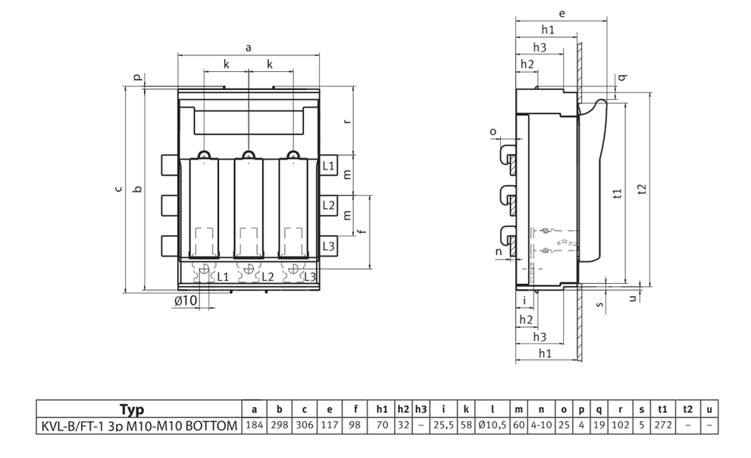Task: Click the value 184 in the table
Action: [x=255, y=425]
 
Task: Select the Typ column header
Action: [x=132, y=410]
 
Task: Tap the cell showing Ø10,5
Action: [x=493, y=425]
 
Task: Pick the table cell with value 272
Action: [x=663, y=425]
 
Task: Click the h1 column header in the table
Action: [x=382, y=410]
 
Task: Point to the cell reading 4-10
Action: [x=541, y=425]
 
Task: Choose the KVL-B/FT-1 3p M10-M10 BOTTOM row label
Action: [x=139, y=425]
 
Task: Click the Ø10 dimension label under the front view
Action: [x=186, y=301]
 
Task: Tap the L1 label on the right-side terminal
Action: [x=328, y=166]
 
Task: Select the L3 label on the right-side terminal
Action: [x=328, y=246]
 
